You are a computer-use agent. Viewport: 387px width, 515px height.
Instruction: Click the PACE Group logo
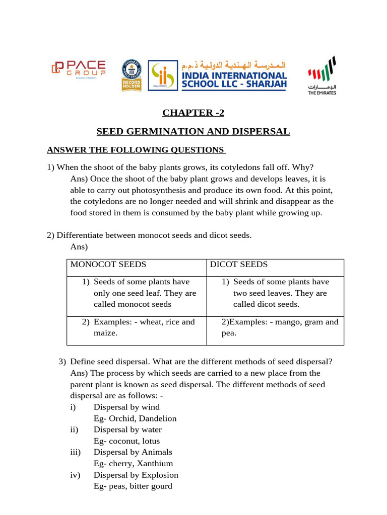[78, 69]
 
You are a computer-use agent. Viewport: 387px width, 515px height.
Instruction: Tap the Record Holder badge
[131, 75]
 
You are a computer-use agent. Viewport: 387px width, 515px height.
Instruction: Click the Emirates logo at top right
[321, 76]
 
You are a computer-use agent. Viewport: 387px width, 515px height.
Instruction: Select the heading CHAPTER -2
[193, 113]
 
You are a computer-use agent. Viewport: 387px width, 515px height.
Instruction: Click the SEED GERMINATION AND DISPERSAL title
[193, 132]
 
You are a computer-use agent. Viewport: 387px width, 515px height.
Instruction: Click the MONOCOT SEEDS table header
[108, 265]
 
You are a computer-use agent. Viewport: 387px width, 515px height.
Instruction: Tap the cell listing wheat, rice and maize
[144, 327]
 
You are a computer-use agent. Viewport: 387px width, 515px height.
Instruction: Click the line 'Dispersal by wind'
[126, 407]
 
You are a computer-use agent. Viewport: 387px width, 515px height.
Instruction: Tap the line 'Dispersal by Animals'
[133, 452]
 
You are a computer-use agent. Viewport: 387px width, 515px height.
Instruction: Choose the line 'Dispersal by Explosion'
[136, 475]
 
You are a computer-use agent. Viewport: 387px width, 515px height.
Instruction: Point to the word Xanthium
[153, 464]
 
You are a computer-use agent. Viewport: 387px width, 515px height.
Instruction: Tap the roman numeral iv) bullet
[75, 475]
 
